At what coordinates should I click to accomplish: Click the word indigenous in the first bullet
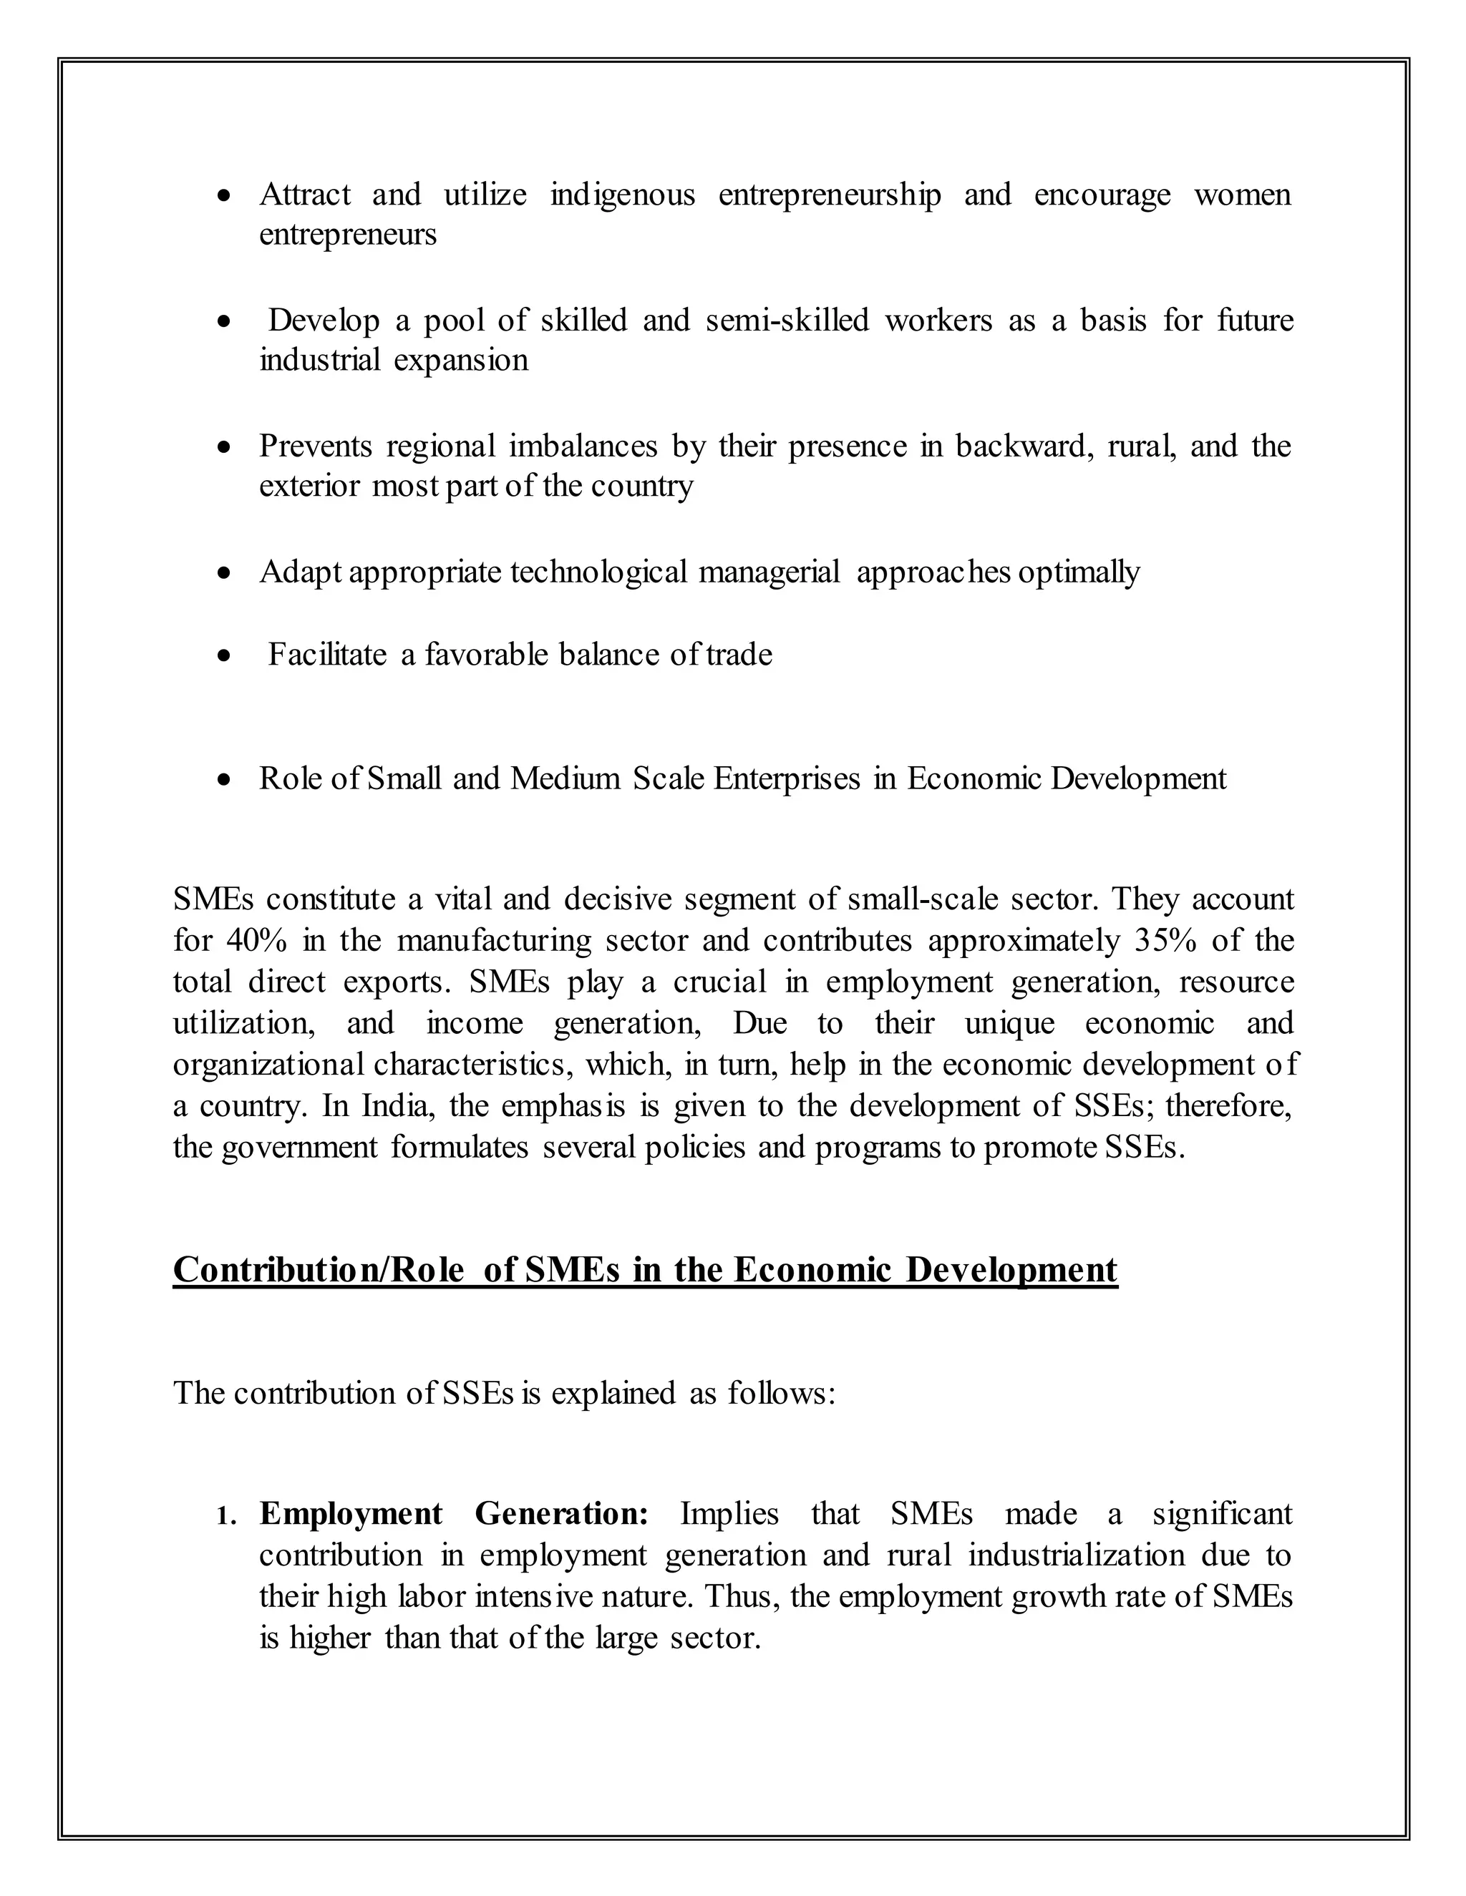[623, 195]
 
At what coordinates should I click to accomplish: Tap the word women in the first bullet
[1242, 195]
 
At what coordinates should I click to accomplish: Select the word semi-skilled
[787, 321]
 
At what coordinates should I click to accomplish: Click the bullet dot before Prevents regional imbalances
[225, 449]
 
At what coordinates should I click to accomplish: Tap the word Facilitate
[327, 655]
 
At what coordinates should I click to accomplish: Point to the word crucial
[720, 982]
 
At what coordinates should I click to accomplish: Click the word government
[300, 1148]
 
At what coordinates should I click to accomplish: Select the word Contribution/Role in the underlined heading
[319, 1270]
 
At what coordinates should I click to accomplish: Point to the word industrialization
[1076, 1555]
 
